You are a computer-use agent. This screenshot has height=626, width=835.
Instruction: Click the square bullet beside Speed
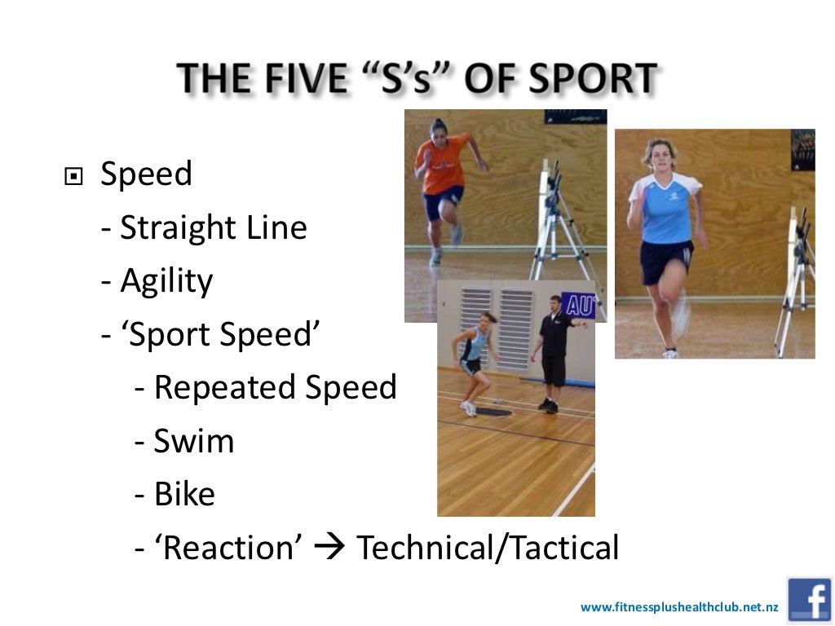coord(73,175)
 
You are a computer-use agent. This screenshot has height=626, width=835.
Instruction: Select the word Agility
coord(166,282)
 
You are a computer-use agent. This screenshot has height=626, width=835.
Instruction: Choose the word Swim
coord(194,442)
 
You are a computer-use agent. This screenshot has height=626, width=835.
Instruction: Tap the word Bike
coord(185,495)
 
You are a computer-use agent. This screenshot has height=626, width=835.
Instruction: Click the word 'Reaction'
coord(228,549)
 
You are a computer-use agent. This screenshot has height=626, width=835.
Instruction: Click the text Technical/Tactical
coord(488,549)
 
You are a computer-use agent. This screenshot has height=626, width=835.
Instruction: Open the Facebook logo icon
coord(809,600)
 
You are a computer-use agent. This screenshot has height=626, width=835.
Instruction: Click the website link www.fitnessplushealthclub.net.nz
coord(679,607)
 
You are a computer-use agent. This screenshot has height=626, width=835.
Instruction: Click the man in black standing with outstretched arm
coord(554,350)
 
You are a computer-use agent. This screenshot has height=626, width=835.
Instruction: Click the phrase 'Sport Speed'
coord(219,335)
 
